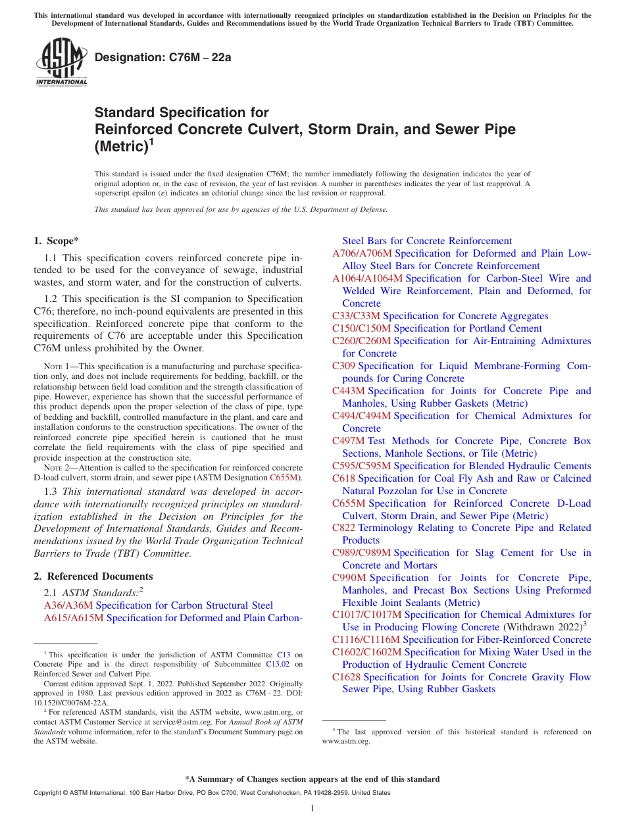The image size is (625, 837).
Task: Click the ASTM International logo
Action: [61, 62]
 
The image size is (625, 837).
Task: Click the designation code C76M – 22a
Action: [163, 57]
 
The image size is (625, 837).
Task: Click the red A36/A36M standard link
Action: [68, 605]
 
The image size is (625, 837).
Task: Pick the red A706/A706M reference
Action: [362, 253]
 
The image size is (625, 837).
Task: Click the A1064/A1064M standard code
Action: [367, 278]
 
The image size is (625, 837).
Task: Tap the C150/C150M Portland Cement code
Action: [361, 328]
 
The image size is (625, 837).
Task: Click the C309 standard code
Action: [343, 366]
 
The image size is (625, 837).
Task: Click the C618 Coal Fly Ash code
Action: [343, 478]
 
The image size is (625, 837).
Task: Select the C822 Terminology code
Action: [343, 528]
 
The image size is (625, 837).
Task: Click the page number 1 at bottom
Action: [312, 809]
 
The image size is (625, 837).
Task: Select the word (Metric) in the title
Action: [119, 146]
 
